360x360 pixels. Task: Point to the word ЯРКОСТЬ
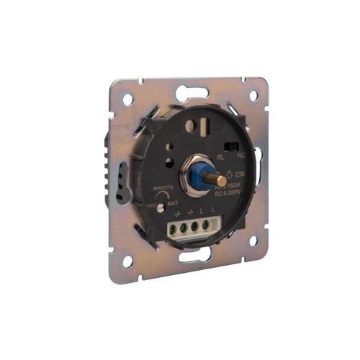click(163, 189)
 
